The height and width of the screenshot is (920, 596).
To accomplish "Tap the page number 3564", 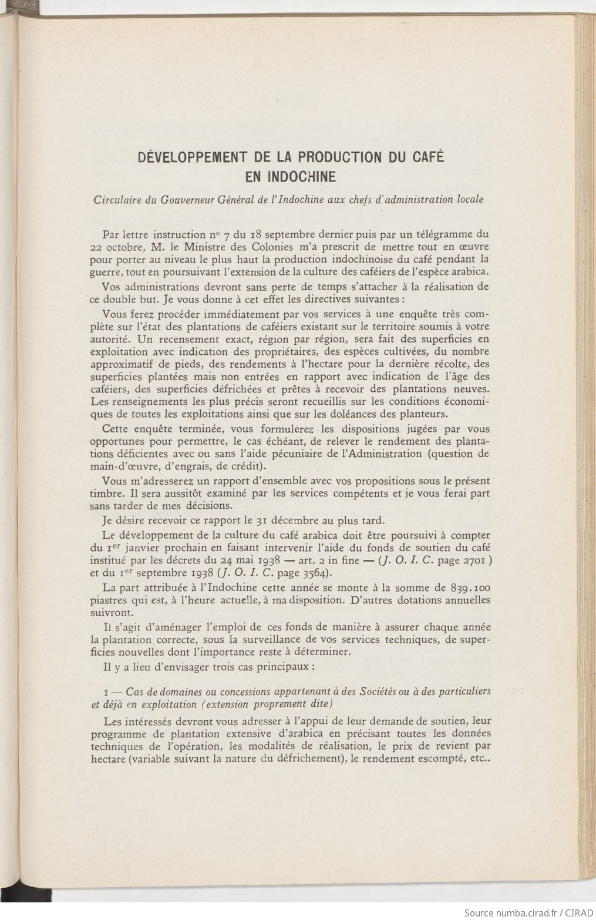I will (x=304, y=573).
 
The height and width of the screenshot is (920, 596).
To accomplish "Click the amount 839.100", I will (x=469, y=587).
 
